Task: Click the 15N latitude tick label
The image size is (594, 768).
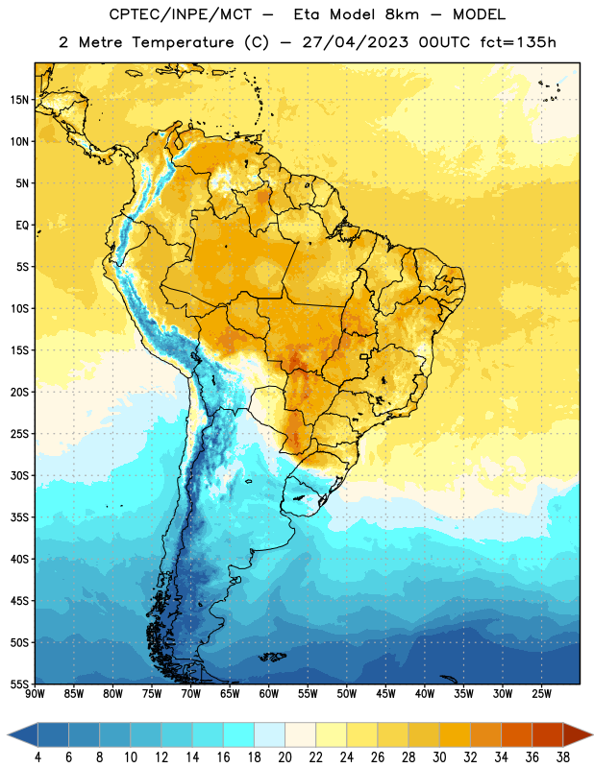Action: point(19,100)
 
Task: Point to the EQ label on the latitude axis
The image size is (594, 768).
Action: point(22,226)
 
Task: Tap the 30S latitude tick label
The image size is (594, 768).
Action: point(19,475)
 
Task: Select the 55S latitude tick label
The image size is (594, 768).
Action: point(19,684)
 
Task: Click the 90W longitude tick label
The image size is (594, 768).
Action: point(35,694)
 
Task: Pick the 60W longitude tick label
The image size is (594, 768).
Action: point(268,694)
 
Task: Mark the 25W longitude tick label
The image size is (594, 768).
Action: point(541,694)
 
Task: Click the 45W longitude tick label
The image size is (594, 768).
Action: point(385,694)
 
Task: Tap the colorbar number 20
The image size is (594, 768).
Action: point(285,757)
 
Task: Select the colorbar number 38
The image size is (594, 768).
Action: point(563,757)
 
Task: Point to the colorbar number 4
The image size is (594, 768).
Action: point(37,757)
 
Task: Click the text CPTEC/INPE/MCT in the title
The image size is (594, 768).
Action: point(180,14)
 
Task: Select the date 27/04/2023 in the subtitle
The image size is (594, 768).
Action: point(355,42)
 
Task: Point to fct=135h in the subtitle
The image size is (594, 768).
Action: point(518,42)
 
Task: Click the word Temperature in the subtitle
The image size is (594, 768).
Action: point(183,43)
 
